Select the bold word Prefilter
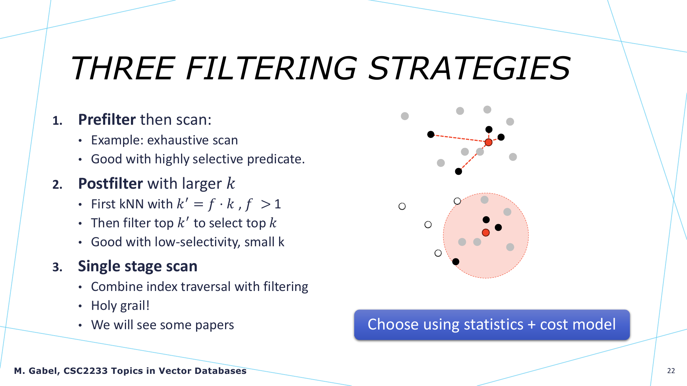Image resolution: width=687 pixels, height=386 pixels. (x=107, y=119)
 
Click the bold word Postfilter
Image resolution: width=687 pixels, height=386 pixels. (x=111, y=183)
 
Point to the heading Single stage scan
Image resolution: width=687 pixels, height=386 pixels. (x=138, y=266)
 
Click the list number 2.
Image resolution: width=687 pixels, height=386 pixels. (x=57, y=184)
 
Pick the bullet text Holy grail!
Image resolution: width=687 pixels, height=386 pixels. (x=120, y=306)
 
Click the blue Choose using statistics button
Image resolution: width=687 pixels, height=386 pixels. (x=492, y=325)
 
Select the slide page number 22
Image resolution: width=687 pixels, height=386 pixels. (x=671, y=371)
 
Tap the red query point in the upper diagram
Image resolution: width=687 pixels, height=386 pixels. (x=488, y=142)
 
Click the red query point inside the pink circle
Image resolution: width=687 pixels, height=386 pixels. (x=486, y=233)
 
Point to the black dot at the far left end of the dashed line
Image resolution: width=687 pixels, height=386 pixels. (x=431, y=134)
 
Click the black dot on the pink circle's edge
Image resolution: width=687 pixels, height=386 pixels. (x=455, y=262)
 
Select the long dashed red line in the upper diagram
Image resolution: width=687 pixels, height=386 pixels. (x=459, y=138)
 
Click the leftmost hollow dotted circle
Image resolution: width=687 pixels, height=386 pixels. (x=402, y=206)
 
